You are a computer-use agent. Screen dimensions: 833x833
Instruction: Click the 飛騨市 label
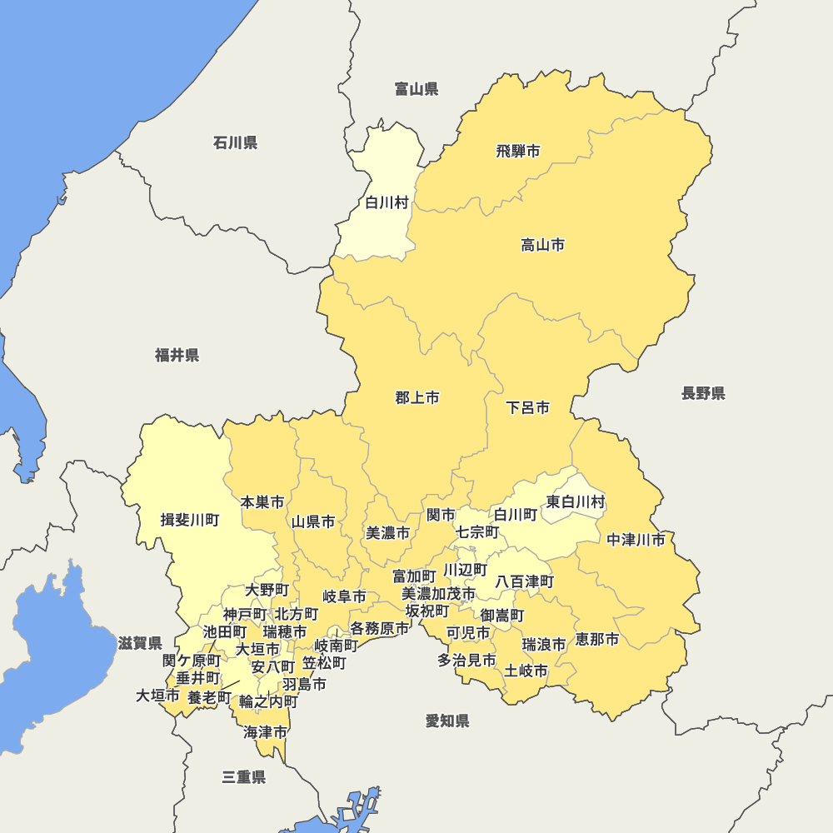pos(517,152)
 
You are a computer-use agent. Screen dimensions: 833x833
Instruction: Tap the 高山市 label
pos(542,245)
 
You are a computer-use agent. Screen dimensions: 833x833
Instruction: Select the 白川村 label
pos(387,202)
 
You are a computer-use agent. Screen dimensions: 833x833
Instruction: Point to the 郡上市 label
pos(417,398)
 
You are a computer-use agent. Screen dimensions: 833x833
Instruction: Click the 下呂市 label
pos(528,408)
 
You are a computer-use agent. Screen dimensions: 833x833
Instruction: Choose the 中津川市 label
pos(636,540)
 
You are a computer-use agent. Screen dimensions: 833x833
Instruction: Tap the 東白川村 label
pos(576,502)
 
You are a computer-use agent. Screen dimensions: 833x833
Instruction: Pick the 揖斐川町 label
pos(190,521)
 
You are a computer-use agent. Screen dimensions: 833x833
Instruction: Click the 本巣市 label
pos(262,502)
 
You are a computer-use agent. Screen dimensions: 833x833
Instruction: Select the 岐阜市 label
pos(345,596)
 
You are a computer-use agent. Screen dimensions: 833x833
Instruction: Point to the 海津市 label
pos(266,733)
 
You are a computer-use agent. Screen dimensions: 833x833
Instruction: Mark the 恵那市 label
pos(597,640)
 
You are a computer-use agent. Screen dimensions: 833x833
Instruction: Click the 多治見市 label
pos(466,661)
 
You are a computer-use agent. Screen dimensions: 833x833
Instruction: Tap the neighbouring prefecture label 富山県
pos(416,89)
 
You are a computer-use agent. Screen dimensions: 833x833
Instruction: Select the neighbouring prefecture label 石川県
pos(235,143)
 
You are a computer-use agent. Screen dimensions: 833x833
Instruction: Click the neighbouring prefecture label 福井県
pos(177,356)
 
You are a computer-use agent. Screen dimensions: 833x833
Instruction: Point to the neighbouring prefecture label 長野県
pos(703,393)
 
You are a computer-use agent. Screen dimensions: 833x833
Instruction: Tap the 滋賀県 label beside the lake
pos(140,643)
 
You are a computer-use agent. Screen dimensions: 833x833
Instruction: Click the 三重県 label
pos(244,777)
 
